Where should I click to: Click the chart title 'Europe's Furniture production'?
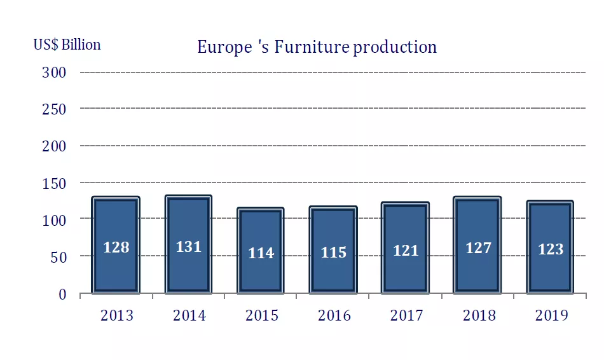pyautogui.click(x=317, y=48)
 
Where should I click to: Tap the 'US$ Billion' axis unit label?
pyautogui.click(x=67, y=45)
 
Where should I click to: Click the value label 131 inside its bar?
pyautogui.click(x=188, y=247)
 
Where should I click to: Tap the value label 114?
pyautogui.click(x=261, y=253)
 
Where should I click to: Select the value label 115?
pyautogui.click(x=333, y=253)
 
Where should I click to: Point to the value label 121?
pyautogui.click(x=406, y=251)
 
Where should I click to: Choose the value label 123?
pyautogui.click(x=551, y=249)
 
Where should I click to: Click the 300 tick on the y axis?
pyautogui.click(x=54, y=72)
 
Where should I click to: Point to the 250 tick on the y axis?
pyautogui.click(x=54, y=109)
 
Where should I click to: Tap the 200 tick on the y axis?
pyautogui.click(x=54, y=146)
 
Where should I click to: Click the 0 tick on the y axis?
pyautogui.click(x=62, y=294)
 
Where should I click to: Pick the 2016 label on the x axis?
pyautogui.click(x=333, y=315)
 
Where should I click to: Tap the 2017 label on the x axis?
pyautogui.click(x=406, y=315)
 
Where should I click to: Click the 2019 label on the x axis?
pyautogui.click(x=551, y=315)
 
